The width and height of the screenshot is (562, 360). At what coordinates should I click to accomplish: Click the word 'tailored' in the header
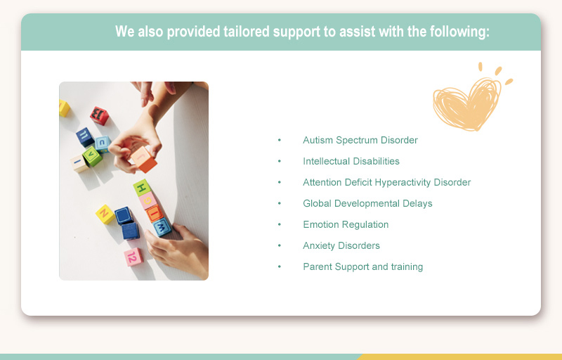point(246,32)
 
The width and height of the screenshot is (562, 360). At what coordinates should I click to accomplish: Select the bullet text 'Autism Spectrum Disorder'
point(360,140)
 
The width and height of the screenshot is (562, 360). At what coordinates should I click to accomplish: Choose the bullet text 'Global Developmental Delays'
point(367,203)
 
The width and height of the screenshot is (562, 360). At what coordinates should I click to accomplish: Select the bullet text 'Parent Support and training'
point(362,266)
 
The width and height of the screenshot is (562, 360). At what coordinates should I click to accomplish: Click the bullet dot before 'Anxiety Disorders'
point(280,245)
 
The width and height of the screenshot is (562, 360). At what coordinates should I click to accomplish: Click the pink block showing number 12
point(133,257)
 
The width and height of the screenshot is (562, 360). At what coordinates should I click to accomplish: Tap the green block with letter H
point(143,188)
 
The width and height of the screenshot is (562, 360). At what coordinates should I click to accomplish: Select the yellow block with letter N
point(105,214)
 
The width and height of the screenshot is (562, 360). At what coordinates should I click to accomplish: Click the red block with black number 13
point(99,115)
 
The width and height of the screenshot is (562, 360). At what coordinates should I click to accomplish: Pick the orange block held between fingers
point(143,160)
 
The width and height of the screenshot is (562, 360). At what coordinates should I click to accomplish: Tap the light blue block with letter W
point(162,228)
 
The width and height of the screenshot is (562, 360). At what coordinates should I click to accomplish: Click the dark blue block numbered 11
point(85,137)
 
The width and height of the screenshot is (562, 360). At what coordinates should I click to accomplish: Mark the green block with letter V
point(92,156)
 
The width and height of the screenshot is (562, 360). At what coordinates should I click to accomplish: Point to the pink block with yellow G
point(148,201)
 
